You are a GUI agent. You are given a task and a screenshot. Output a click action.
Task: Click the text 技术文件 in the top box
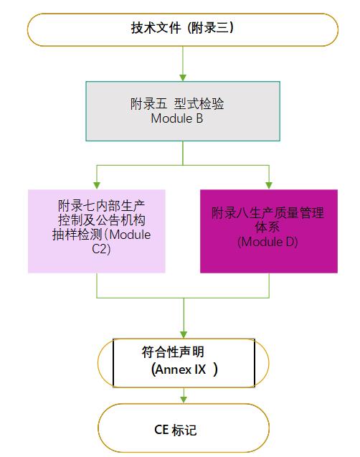(156, 28)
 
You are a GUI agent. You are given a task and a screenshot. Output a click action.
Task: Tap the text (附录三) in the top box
(210, 28)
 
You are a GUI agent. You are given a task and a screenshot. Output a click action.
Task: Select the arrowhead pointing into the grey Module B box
(183, 77)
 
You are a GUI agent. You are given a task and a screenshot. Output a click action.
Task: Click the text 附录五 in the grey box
(148, 104)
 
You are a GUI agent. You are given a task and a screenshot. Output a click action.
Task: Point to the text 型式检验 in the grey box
(199, 104)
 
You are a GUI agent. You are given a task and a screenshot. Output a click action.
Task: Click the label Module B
(177, 118)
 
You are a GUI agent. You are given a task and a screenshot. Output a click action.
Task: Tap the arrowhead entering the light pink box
(97, 185)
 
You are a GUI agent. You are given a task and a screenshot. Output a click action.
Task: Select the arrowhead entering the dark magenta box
(269, 185)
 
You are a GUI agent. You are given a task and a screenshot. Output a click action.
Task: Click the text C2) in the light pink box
(101, 249)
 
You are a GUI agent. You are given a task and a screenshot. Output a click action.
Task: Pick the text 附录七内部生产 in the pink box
(101, 206)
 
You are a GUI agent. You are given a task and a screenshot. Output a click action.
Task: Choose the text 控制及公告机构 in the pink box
(101, 220)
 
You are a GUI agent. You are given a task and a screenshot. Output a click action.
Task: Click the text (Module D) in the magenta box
(267, 242)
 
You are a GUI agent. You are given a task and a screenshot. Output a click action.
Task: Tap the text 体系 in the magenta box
(267, 227)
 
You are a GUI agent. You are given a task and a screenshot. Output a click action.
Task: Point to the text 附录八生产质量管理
(267, 213)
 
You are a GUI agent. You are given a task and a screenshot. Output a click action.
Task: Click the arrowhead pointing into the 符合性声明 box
(184, 335)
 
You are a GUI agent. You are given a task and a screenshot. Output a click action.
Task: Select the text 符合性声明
(173, 352)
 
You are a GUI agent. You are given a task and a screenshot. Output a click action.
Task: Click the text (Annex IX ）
(184, 369)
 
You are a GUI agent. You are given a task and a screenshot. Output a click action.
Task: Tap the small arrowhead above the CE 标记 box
(184, 400)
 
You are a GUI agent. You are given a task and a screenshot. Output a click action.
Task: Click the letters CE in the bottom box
(161, 430)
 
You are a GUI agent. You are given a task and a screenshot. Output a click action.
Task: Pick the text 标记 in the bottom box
(184, 430)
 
